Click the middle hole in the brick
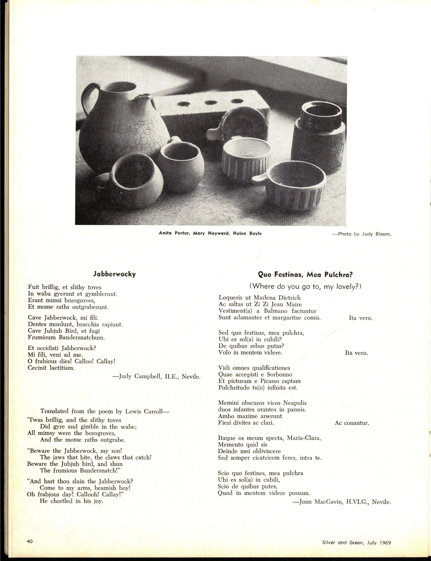211,102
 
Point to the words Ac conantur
352,423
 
